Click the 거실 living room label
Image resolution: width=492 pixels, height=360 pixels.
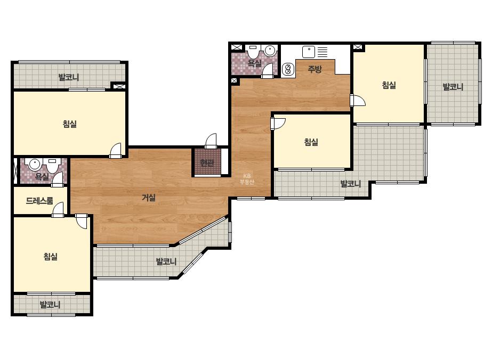pos(149,198)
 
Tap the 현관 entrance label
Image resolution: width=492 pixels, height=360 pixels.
pos(207,163)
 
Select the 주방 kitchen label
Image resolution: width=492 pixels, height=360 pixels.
pos(314,69)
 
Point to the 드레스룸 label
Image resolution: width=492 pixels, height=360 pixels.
pos(39,201)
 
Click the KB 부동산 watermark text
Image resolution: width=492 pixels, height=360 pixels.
pos(247,179)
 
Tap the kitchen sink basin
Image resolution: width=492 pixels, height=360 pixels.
pos(309,52)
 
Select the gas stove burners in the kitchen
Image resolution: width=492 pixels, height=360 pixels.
pos(288,69)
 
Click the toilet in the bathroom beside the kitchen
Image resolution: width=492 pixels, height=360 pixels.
pos(253,52)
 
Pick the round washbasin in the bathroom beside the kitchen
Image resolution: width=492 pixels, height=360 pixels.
pos(270,50)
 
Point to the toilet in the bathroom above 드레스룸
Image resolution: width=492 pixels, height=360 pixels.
pos(52,165)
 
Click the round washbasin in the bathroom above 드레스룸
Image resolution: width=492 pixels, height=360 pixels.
pos(34,164)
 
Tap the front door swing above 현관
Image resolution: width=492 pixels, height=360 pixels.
pos(211,141)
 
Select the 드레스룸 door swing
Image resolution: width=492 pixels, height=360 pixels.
pos(58,209)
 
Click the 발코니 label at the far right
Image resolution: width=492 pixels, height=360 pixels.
pos(453,87)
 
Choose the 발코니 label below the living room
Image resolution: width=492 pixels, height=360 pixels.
pos(166,261)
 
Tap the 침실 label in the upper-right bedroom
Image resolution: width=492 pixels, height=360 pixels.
pos(389,85)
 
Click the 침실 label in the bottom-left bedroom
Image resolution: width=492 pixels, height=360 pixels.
pos(51,257)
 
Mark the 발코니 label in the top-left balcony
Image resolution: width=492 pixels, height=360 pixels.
pos(69,77)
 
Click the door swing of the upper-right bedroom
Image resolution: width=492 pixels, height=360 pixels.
pos(358,100)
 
